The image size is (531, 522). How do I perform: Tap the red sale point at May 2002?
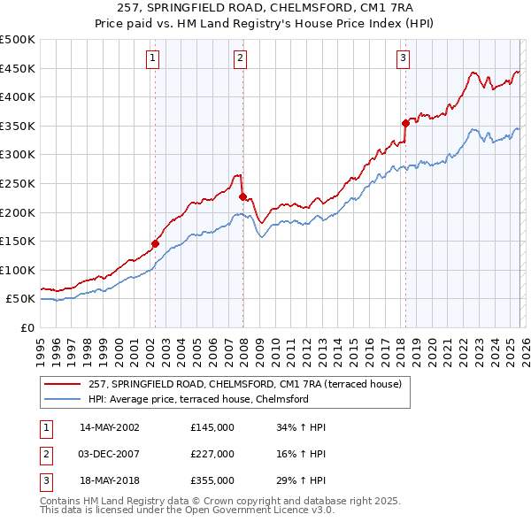coord(155,242)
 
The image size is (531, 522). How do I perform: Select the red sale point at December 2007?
coord(242,196)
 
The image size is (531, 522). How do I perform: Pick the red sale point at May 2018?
coord(405,123)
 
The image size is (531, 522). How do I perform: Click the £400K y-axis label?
coord(18,97)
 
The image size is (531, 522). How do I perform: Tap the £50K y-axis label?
coord(21,299)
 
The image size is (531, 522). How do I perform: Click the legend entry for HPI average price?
coord(197,399)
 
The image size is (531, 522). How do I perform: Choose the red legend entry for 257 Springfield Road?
coord(245,384)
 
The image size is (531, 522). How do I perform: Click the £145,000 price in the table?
coord(212,427)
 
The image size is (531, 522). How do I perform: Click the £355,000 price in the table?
coord(212,480)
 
